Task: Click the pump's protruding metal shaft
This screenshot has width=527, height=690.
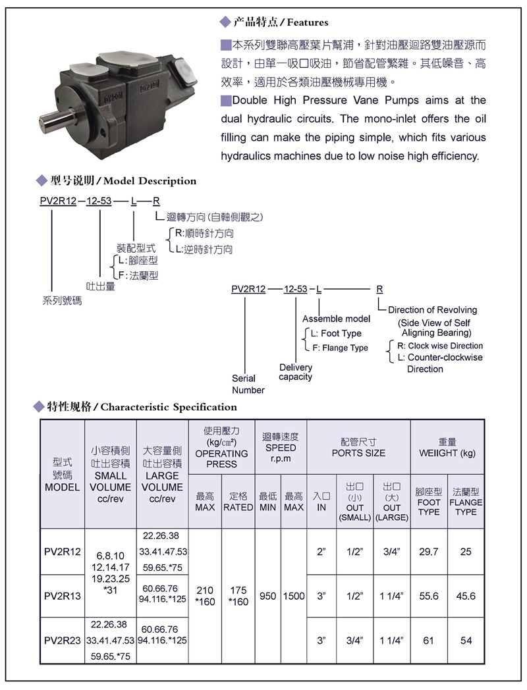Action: (x=56, y=122)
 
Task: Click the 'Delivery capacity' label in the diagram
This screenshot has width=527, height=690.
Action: (x=296, y=372)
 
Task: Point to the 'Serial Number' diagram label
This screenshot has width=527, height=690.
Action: (x=248, y=385)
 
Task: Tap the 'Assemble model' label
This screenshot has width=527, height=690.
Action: (x=336, y=319)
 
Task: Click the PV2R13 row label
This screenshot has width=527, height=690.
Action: (x=63, y=597)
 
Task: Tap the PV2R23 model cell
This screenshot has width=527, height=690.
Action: (x=63, y=640)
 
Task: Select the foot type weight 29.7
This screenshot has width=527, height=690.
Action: (x=429, y=552)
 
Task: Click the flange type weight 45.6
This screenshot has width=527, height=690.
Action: (x=466, y=597)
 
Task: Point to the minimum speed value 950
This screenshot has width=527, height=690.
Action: (x=267, y=597)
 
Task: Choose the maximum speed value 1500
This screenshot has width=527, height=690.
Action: (x=294, y=597)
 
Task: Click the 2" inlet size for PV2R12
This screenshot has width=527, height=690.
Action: (x=321, y=552)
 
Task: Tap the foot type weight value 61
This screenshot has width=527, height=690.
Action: (x=429, y=640)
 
